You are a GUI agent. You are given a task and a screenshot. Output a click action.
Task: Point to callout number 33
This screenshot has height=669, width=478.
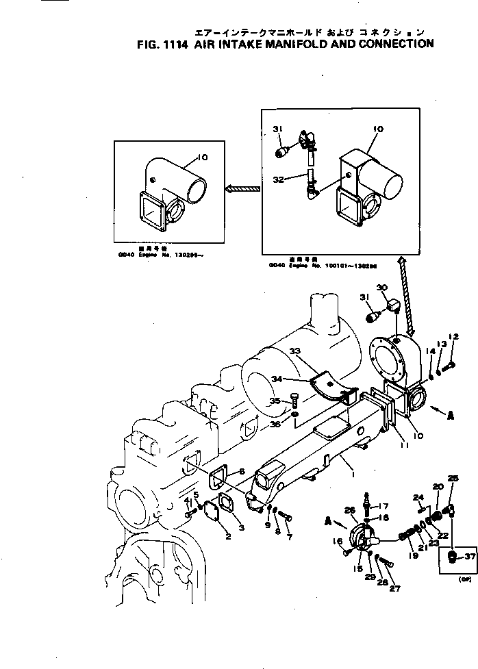(x=295, y=351)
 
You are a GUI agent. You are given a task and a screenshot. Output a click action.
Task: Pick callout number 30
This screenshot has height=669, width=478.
(x=382, y=288)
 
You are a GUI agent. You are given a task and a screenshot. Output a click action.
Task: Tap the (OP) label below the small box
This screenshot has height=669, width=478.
(x=453, y=579)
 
